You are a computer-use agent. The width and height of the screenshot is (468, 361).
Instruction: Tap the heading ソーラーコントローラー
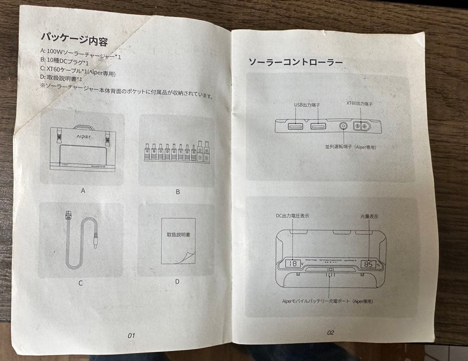click(295, 62)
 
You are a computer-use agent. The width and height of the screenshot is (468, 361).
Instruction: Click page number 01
click(131, 335)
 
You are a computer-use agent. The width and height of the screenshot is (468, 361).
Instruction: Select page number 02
click(330, 332)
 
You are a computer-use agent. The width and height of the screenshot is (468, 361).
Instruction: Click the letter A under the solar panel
click(83, 190)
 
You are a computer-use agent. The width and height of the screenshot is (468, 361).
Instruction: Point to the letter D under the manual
click(177, 281)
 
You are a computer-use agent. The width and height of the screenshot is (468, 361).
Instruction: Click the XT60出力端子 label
click(359, 104)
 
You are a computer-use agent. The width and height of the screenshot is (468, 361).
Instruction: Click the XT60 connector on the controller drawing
click(361, 126)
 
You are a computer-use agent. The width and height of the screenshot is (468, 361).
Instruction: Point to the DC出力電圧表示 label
click(292, 216)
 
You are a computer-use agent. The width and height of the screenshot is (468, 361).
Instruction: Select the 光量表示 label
click(368, 216)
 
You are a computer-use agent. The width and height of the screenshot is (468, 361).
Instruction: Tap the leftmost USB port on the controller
click(295, 126)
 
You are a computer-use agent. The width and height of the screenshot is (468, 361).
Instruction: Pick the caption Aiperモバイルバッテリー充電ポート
click(327, 301)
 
